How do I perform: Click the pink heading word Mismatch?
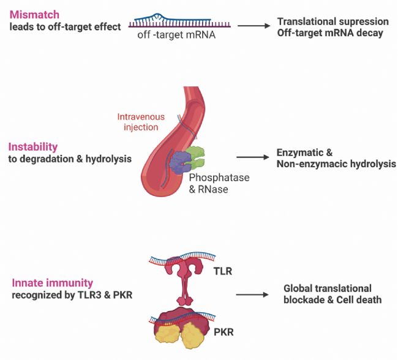[x=34, y=15]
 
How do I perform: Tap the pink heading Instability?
[x=33, y=147]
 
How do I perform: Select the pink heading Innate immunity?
[x=53, y=283]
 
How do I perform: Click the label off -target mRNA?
[x=176, y=34]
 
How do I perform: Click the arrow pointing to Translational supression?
[x=254, y=26]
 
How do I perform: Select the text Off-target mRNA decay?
[x=330, y=33]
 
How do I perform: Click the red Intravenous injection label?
[x=141, y=122]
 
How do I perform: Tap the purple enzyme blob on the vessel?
[x=180, y=162]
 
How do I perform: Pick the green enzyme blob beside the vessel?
[x=196, y=157]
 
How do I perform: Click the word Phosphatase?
[x=219, y=178]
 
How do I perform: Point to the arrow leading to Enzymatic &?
[x=252, y=157]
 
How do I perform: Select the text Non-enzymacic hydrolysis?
[x=336, y=164]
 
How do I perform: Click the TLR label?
[x=223, y=271]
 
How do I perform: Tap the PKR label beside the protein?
[x=223, y=332]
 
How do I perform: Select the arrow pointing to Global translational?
[x=252, y=294]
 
